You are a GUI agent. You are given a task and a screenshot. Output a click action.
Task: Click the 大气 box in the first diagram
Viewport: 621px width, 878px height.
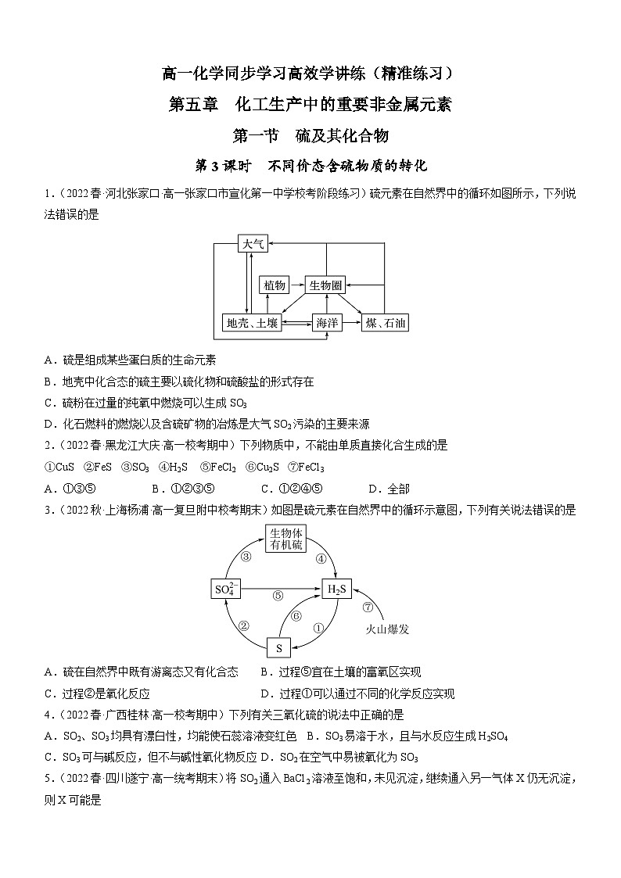pos(253,245)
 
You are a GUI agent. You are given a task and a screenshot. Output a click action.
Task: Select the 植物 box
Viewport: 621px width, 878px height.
pos(275,285)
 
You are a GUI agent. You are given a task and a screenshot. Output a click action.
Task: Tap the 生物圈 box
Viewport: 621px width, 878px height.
pos(325,285)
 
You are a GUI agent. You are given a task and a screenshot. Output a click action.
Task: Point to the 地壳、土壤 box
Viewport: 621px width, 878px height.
pos(252,323)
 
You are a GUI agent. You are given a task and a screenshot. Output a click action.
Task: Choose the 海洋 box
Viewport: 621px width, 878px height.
pos(328,323)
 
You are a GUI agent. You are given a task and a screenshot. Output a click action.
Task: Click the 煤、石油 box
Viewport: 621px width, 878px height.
pos(386,323)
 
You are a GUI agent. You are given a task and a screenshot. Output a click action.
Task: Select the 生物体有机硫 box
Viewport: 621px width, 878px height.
pos(285,539)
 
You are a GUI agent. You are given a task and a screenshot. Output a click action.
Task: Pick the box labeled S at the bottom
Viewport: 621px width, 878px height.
pos(279,647)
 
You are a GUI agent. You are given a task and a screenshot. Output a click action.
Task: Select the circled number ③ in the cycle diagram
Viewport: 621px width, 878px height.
pos(245,557)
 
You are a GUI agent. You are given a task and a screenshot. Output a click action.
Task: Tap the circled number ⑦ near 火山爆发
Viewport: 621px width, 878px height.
pos(368,606)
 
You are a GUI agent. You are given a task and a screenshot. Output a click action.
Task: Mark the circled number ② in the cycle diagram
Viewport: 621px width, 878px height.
pos(243,625)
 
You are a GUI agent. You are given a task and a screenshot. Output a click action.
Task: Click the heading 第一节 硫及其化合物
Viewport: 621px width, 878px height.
pos(310,135)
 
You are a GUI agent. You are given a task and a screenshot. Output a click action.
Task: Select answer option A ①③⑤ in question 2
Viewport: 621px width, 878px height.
pos(70,489)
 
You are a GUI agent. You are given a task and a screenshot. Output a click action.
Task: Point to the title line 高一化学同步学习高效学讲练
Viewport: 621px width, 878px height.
pos(310,74)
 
